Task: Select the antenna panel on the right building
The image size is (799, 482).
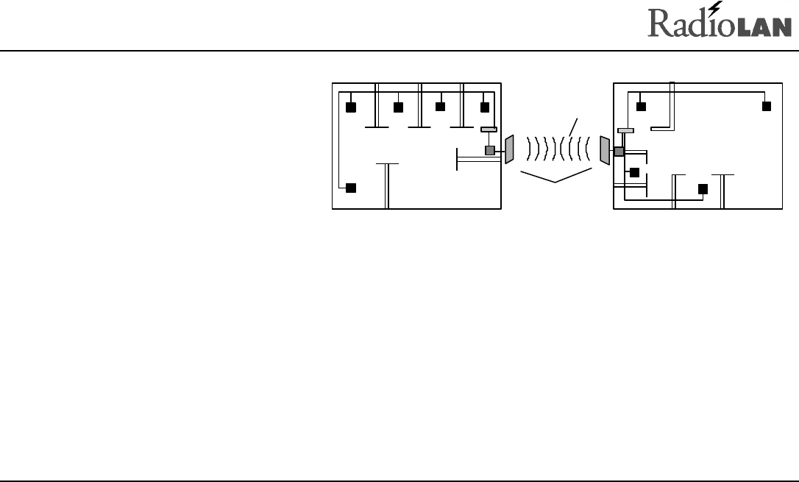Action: click(x=605, y=150)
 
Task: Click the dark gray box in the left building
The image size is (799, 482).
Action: click(x=489, y=151)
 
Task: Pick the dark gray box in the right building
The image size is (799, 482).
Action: click(x=619, y=152)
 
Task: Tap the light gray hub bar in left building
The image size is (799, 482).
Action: click(x=489, y=130)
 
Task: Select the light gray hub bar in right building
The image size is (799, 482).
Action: click(x=625, y=130)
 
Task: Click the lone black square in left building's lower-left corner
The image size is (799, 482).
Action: click(x=351, y=188)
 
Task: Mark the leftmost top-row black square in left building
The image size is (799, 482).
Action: click(x=351, y=107)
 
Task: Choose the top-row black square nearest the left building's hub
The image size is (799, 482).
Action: click(x=484, y=107)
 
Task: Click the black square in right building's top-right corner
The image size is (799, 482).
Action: click(x=766, y=107)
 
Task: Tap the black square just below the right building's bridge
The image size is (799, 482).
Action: click(x=634, y=173)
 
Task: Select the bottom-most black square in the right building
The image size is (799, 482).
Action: click(x=703, y=188)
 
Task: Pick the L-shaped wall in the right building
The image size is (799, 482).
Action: click(x=671, y=110)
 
